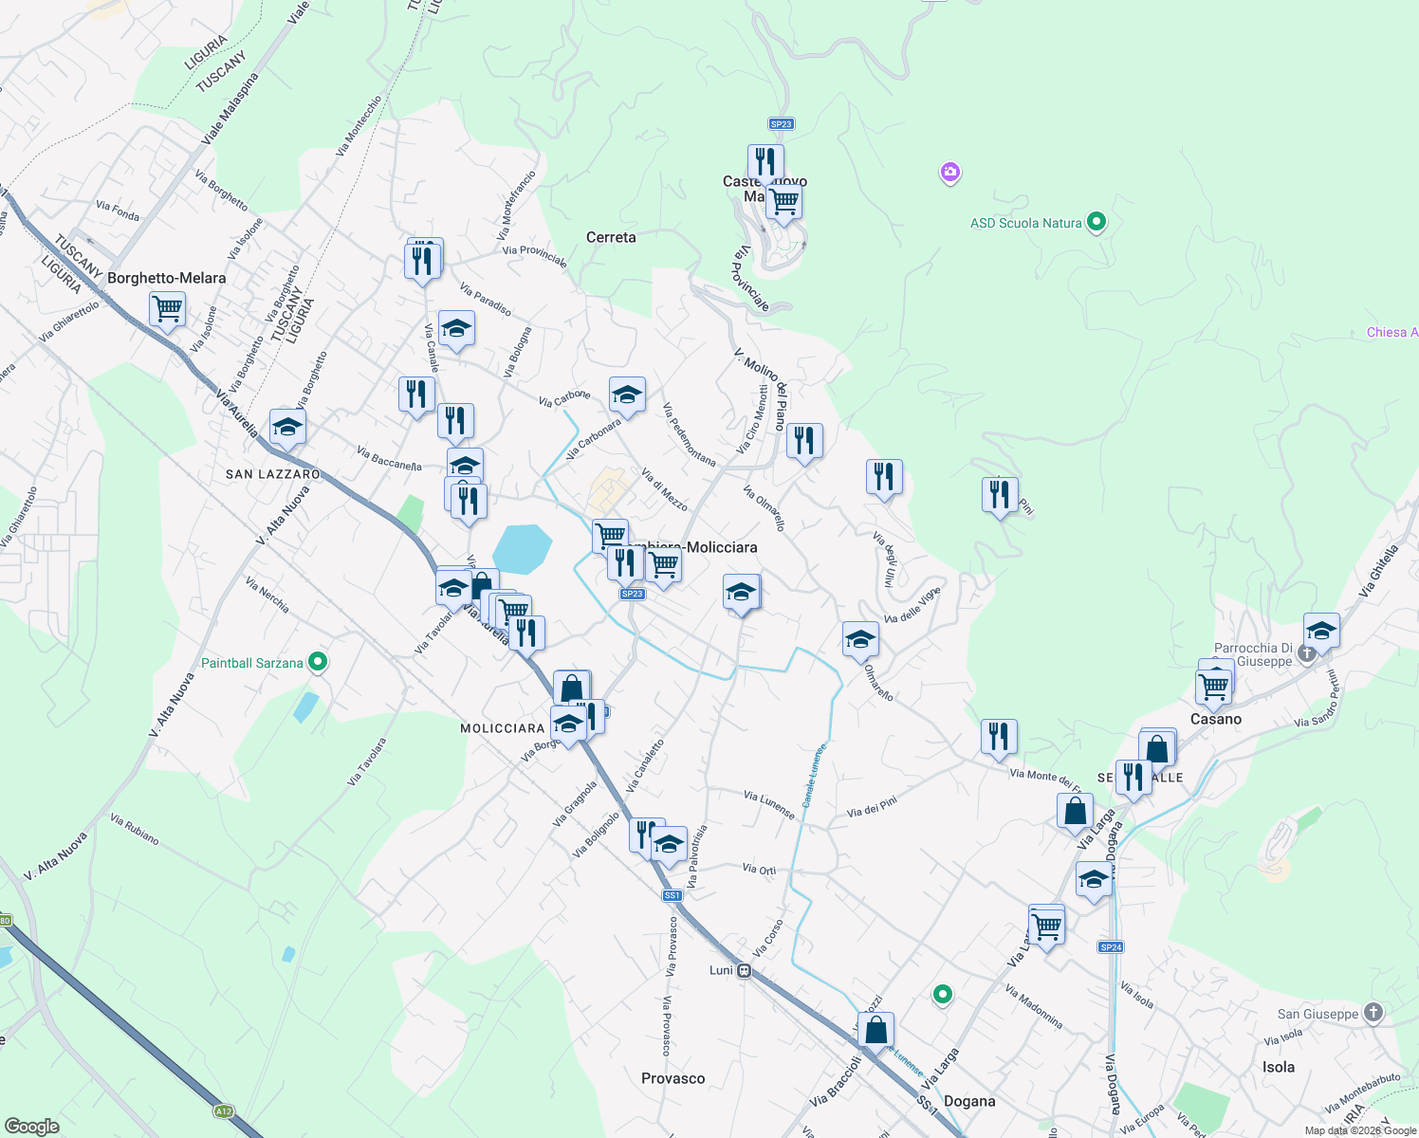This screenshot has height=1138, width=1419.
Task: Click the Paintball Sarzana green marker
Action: tap(318, 662)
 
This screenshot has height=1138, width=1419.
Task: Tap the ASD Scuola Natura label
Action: tap(1025, 223)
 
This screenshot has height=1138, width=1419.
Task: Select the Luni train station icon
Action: tap(745, 970)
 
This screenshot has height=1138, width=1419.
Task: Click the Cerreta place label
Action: tap(611, 237)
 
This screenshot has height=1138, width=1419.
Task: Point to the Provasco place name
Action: tap(673, 1078)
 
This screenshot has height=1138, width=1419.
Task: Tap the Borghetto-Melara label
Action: tap(167, 278)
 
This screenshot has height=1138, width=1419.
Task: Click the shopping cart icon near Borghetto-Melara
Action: tap(167, 308)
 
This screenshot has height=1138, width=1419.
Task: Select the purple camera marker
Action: tap(949, 173)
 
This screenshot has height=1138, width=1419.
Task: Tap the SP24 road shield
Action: tap(1111, 946)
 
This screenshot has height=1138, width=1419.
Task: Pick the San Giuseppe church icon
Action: tap(1373, 1013)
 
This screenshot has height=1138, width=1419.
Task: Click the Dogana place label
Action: tap(969, 1101)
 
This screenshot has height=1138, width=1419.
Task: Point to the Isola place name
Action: tap(1278, 1067)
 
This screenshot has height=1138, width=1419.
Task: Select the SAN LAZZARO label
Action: tap(273, 474)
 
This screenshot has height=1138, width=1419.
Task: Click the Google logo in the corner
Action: tap(31, 1126)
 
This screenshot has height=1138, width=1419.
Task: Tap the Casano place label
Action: tap(1215, 719)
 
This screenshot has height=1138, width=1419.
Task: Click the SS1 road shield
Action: tap(672, 895)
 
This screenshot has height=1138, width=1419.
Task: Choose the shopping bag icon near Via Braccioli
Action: tap(877, 1030)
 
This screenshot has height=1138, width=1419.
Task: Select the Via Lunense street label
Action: tap(769, 804)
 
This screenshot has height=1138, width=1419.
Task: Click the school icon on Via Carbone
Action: tap(627, 395)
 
